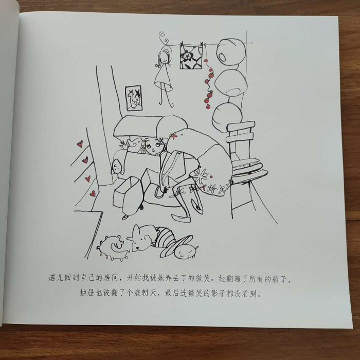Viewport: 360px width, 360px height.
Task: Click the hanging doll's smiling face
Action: point(164,58)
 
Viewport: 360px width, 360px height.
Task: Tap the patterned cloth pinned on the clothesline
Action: point(191,57)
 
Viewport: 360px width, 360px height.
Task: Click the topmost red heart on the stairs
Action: point(80,144)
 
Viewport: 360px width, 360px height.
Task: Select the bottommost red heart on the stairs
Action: point(92,193)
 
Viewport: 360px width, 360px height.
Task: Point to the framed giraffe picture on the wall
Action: point(134,98)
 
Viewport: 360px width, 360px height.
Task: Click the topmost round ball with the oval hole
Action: point(231,52)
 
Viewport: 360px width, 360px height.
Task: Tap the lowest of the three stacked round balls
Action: point(227,117)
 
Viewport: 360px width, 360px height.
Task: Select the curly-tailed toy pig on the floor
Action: point(113,247)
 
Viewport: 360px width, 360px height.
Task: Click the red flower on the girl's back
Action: point(174,136)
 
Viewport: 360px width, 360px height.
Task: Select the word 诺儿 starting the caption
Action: point(56,278)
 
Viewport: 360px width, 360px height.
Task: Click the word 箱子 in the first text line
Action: point(279,279)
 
